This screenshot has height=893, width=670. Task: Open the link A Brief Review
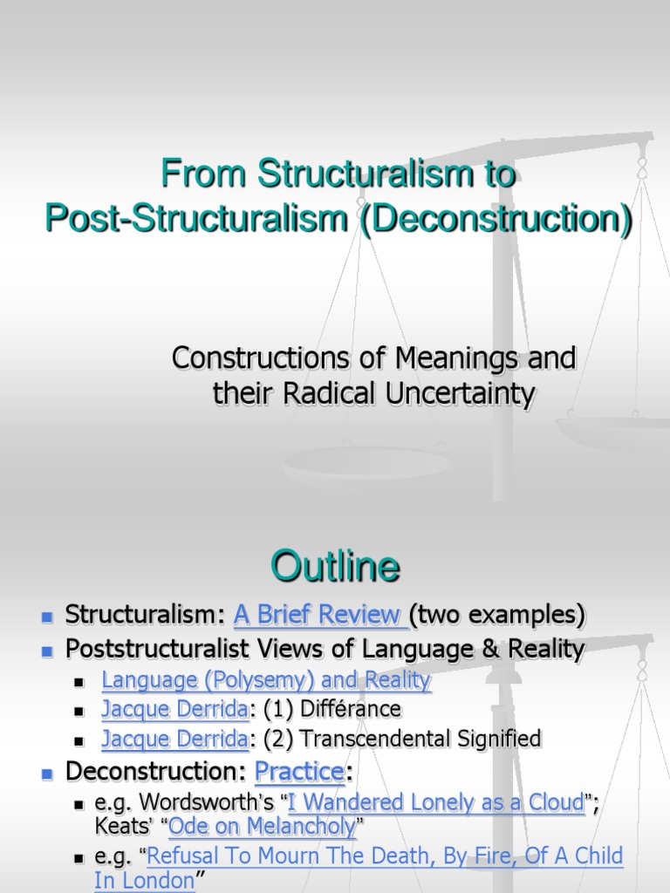[318, 616]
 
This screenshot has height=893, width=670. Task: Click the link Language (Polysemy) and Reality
[266, 680]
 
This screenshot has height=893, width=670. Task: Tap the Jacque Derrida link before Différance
[174, 709]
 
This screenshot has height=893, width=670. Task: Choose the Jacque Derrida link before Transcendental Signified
[174, 740]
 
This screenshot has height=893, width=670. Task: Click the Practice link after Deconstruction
[298, 772]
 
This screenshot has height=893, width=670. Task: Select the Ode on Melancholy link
[262, 826]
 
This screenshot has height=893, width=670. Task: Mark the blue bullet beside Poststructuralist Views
[48, 650]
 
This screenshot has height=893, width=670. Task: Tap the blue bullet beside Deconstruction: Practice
[48, 773]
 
